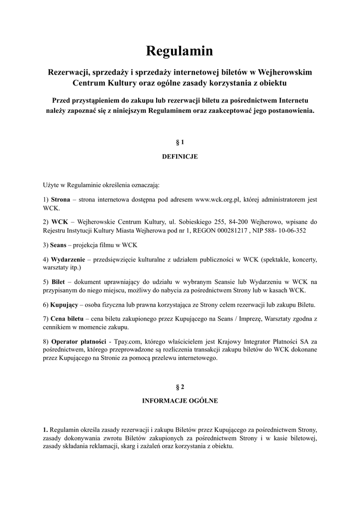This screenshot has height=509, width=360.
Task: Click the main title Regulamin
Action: point(180,51)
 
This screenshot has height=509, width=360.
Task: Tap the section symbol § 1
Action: point(180,142)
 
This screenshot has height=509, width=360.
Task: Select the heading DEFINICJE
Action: point(180,157)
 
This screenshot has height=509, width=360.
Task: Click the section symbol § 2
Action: point(180,386)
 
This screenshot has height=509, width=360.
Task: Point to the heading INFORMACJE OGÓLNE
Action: point(180,401)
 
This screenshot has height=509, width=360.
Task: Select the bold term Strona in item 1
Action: point(61,200)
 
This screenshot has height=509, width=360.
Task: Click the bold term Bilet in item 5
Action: point(58,282)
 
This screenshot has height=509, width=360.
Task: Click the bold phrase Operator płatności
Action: point(79,341)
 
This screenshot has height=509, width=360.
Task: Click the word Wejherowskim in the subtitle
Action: point(284,72)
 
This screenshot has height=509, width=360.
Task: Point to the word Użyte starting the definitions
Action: point(51,185)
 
